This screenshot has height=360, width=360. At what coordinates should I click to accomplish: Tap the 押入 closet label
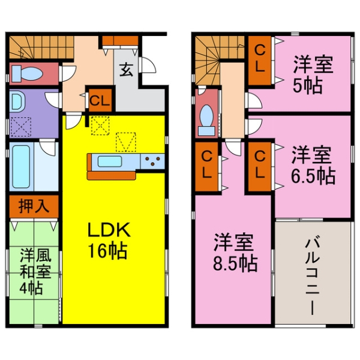coord(34,207)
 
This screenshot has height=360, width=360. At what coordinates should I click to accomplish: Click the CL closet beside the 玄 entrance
coord(100,101)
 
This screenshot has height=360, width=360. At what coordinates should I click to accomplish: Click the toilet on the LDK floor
coord(28,74)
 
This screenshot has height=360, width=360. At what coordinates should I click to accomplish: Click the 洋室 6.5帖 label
coord(313,165)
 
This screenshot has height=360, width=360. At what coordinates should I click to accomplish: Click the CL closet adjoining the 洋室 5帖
coord(260,58)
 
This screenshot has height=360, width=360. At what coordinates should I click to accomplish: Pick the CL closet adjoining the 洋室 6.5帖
coord(260,164)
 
